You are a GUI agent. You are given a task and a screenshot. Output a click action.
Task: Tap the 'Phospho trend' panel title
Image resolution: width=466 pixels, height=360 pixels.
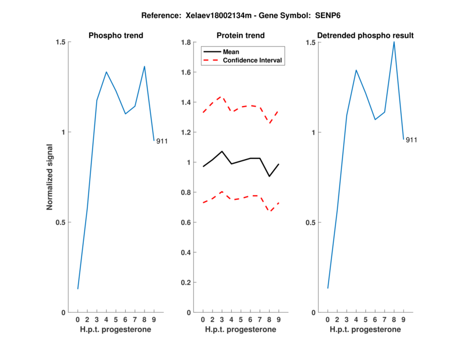[x=116, y=36]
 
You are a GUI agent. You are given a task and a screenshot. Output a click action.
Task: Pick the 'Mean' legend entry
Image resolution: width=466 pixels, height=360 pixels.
[x=231, y=52]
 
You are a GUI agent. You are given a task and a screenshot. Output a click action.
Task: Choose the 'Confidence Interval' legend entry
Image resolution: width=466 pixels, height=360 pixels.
[x=253, y=60]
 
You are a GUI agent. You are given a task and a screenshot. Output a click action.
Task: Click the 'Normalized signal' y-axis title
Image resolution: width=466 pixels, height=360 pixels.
[x=50, y=177]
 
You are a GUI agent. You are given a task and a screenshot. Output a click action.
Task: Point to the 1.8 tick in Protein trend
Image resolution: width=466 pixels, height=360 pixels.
[x=186, y=43]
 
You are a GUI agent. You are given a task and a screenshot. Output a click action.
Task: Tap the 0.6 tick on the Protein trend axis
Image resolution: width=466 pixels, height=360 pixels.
[x=186, y=223]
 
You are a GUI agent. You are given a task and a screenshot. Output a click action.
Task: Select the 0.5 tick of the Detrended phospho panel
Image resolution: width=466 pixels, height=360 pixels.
[x=311, y=223]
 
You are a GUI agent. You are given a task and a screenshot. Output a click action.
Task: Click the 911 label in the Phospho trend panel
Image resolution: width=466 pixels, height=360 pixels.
[x=161, y=141]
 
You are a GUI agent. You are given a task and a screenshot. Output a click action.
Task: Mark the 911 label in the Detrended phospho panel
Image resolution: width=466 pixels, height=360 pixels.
[x=411, y=140]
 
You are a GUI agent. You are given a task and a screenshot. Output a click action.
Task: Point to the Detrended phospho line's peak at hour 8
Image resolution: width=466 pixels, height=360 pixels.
[x=394, y=42]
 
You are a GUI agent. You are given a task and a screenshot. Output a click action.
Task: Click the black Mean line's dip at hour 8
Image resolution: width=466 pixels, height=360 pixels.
[x=269, y=177]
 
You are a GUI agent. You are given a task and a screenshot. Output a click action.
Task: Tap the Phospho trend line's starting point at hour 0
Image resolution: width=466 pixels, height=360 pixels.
[x=77, y=288]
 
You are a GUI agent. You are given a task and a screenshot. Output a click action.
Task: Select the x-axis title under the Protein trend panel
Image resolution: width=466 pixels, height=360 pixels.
[x=241, y=330]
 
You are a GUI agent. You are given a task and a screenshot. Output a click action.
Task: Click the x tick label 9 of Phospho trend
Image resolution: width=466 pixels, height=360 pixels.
[x=154, y=320]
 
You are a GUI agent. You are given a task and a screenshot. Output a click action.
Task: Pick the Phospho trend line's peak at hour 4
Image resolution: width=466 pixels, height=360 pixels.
[x=106, y=72]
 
